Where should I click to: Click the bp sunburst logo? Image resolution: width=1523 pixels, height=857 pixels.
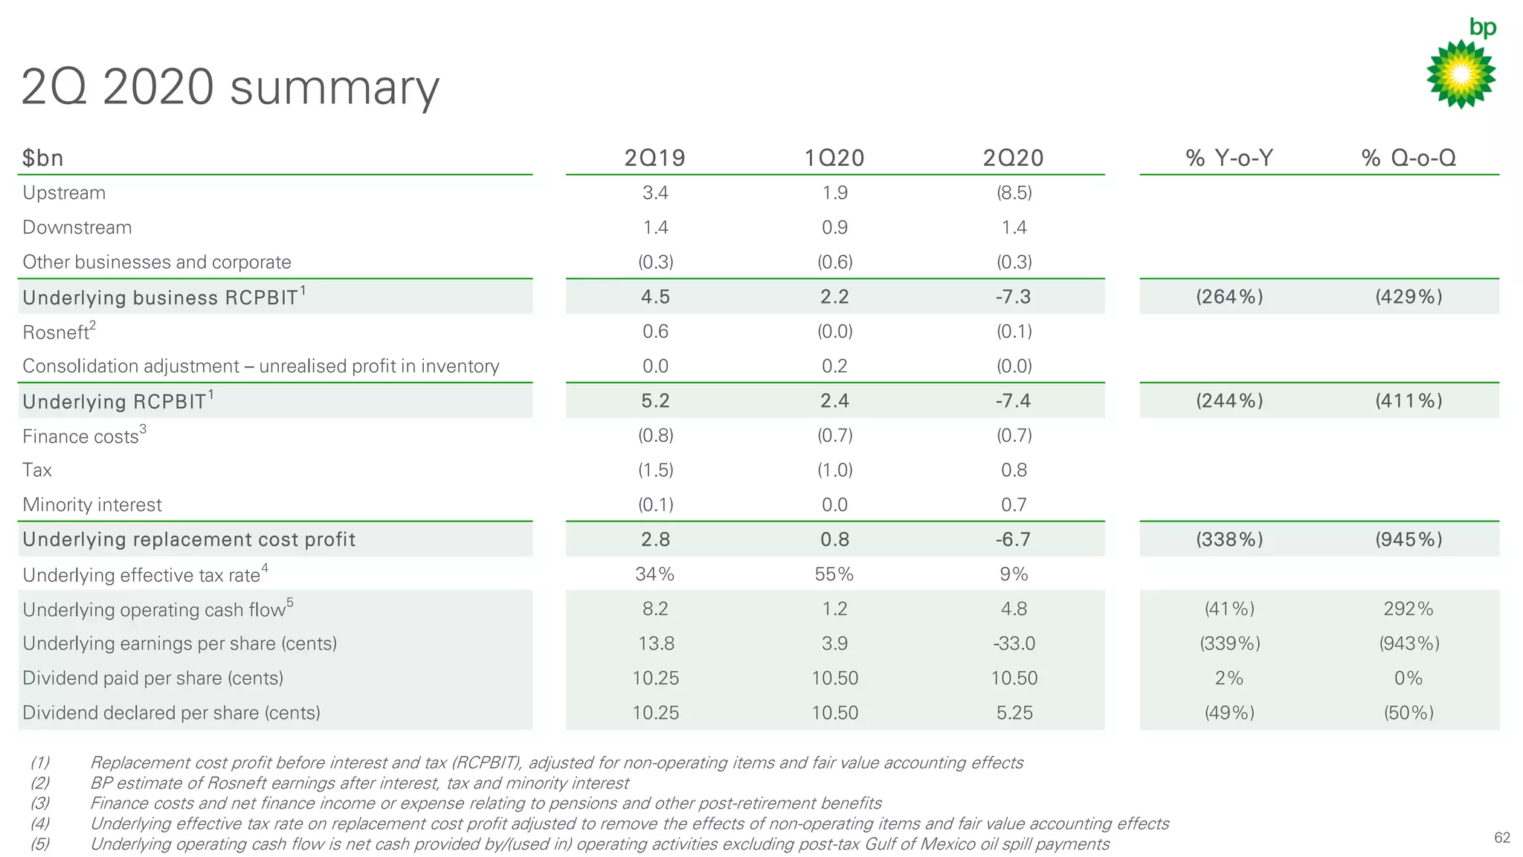click(1461, 74)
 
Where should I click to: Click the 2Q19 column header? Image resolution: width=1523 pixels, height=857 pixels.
click(654, 158)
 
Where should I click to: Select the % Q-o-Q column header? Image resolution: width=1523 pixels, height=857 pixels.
click(1408, 158)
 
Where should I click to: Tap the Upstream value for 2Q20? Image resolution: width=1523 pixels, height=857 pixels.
click(1014, 193)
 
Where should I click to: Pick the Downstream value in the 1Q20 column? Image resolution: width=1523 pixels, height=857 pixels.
click(834, 228)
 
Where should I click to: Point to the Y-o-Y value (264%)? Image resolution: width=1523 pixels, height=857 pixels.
click(1229, 297)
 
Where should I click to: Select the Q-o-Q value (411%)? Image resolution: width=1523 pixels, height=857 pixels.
click(1408, 401)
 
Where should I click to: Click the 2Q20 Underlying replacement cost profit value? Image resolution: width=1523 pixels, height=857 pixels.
click(1014, 539)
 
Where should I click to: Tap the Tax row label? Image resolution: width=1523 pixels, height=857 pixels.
click(37, 470)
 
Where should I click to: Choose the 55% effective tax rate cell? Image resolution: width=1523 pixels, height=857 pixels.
click(834, 574)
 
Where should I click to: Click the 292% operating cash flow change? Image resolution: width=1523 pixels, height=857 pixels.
click(1408, 609)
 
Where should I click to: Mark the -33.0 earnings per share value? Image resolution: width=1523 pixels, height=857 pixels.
click(1014, 643)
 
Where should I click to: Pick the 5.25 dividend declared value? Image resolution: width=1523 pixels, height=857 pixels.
click(1014, 713)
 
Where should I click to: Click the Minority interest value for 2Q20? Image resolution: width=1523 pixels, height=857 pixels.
click(1014, 505)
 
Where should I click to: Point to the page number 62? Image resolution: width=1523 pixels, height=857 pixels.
click(1501, 838)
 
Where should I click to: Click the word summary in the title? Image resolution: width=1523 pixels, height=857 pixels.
click(335, 88)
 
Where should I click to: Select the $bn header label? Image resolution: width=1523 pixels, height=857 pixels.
click(42, 158)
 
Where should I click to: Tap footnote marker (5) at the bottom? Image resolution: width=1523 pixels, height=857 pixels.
click(40, 844)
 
